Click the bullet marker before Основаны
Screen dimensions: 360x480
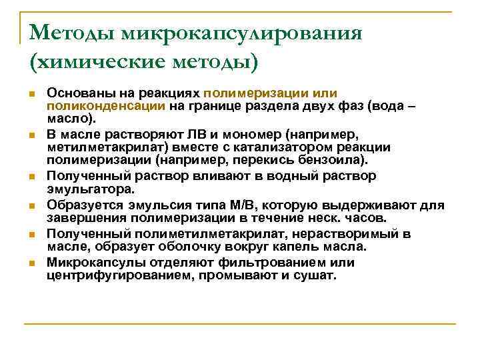pos(32,93)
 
